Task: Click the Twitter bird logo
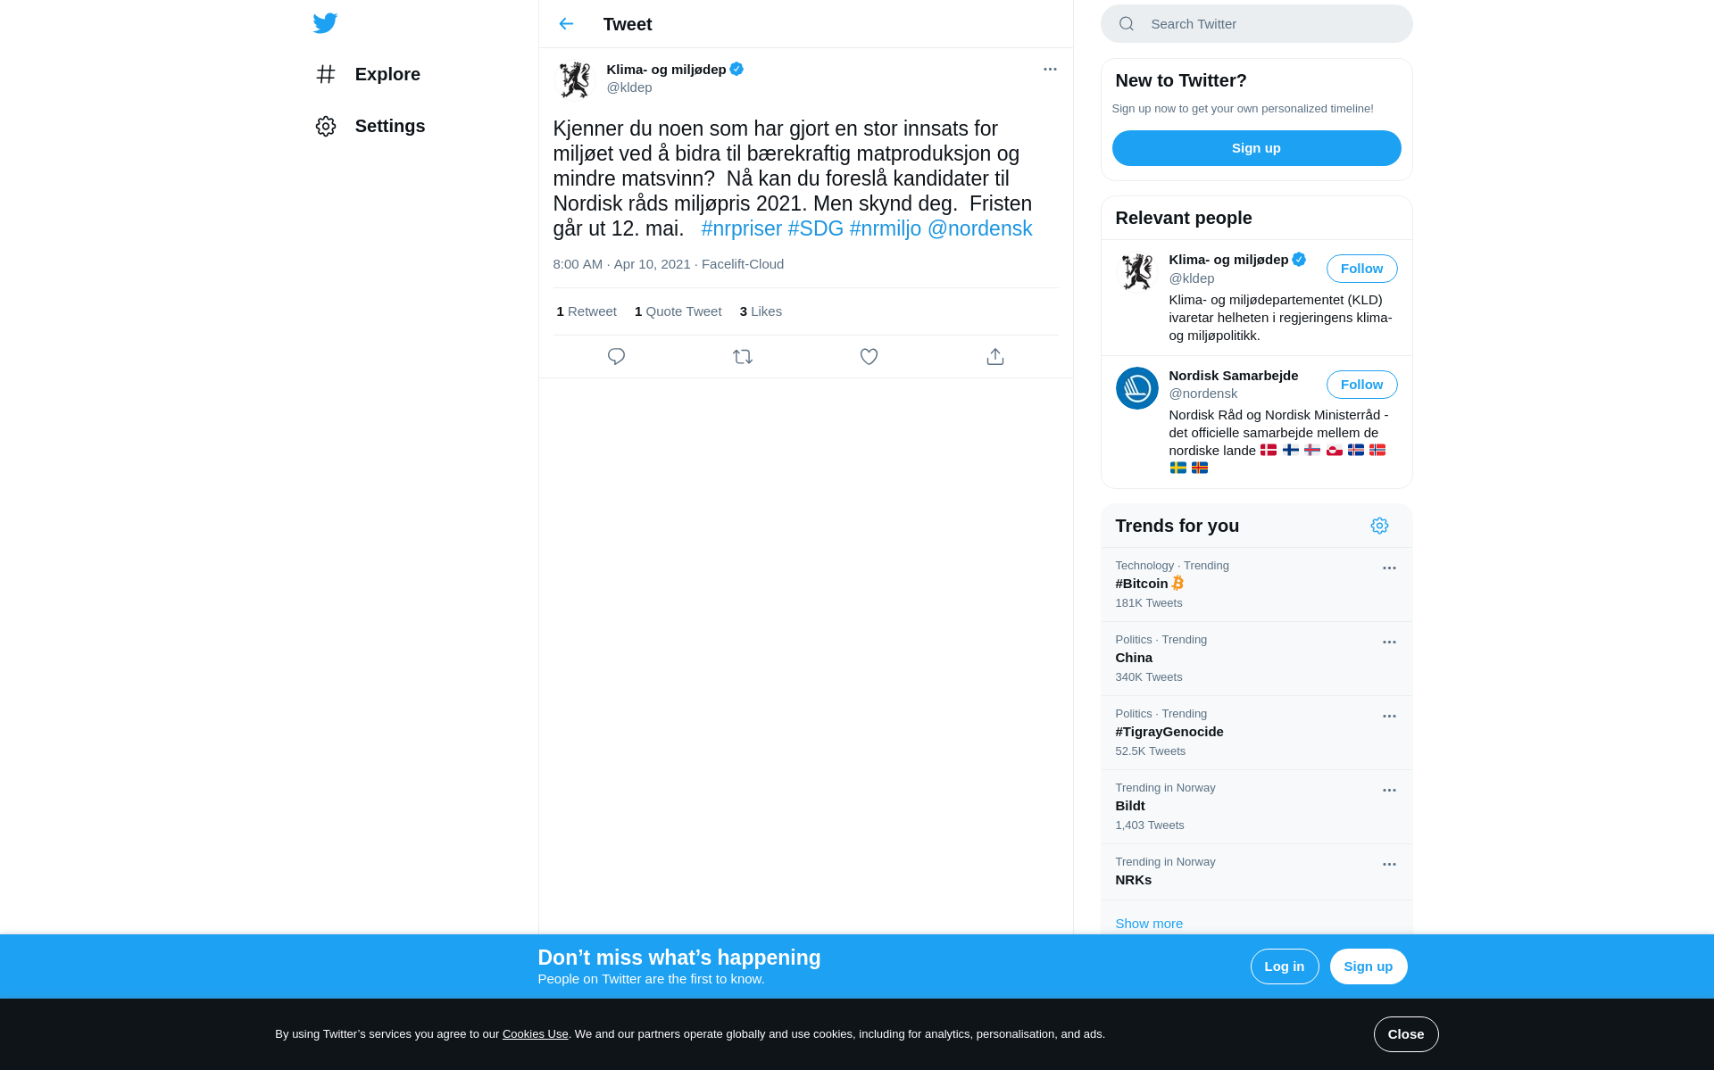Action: pos(325,23)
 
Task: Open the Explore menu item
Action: pos(387,74)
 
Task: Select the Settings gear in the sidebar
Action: pos(326,126)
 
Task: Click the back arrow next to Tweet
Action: pos(566,24)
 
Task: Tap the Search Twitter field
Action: pos(1268,24)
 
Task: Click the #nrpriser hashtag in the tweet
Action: pos(741,228)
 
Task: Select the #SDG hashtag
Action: pos(815,228)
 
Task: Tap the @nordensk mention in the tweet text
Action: pos(979,228)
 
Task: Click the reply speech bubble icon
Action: pos(616,357)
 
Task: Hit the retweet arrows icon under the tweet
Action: pos(743,357)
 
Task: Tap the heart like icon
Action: pos(869,357)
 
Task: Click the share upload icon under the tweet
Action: pos(995,357)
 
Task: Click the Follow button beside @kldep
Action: pos(1361,269)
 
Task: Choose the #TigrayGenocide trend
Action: pos(1169,732)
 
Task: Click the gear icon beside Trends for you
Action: pos(1379,526)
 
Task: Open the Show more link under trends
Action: pos(1149,924)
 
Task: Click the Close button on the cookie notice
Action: pos(1406,1034)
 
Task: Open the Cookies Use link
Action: pos(535,1034)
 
